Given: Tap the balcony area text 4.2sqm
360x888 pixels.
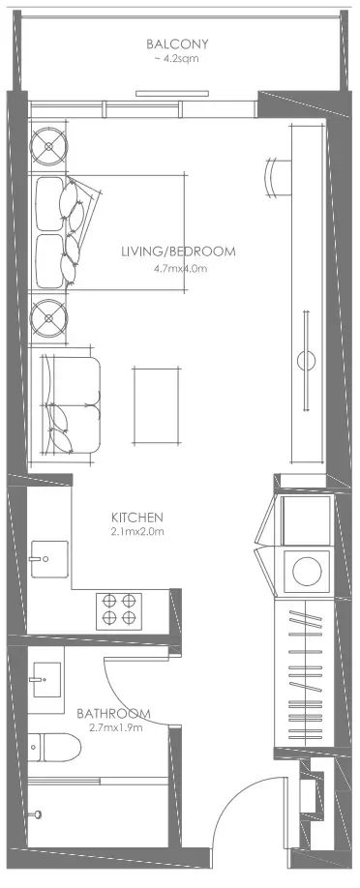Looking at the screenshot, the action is [x=180, y=58].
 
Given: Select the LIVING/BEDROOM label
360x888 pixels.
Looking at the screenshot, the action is [x=178, y=252].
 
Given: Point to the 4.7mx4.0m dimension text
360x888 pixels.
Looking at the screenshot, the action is [x=180, y=268].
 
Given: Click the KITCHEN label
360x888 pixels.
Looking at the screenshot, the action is [x=137, y=518].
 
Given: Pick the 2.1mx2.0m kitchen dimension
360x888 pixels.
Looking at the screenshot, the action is [x=137, y=532].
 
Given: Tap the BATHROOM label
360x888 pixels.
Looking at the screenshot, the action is [x=113, y=713].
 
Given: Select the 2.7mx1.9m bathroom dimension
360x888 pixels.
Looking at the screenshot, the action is [x=116, y=727].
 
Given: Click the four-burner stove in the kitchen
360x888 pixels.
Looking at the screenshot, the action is [x=118, y=611].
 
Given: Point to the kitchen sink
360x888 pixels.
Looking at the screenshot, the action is [x=49, y=559].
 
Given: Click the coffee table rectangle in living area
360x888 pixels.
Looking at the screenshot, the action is [x=157, y=405].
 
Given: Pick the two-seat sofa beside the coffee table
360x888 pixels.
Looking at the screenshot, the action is [x=71, y=405].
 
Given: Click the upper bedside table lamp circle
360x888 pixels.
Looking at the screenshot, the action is [x=48, y=147].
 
